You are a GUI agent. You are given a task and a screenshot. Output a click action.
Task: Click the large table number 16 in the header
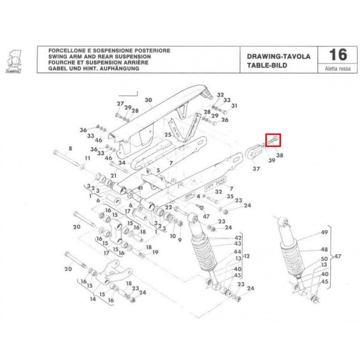coord(337,55)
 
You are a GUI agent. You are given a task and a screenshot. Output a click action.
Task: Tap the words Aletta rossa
coord(337,69)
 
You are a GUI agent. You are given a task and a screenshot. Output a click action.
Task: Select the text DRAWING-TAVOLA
coord(279,57)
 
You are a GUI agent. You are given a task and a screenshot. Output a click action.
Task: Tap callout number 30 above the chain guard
coord(149,100)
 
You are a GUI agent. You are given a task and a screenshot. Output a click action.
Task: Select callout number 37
coord(256,169)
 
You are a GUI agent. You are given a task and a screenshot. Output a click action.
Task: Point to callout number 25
coord(168,135)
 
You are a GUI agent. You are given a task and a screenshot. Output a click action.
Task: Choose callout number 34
coord(122,162)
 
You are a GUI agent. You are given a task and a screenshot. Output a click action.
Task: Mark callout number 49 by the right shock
coord(324,233)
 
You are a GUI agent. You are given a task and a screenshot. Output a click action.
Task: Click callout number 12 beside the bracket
coord(246,256)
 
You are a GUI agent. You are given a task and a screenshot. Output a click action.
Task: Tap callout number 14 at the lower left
coord(93,299)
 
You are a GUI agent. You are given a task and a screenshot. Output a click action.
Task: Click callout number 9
coord(179,240)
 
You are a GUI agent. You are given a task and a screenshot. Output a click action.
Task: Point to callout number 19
coord(155,252)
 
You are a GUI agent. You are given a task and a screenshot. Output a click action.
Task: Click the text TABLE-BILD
coord(267,65)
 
